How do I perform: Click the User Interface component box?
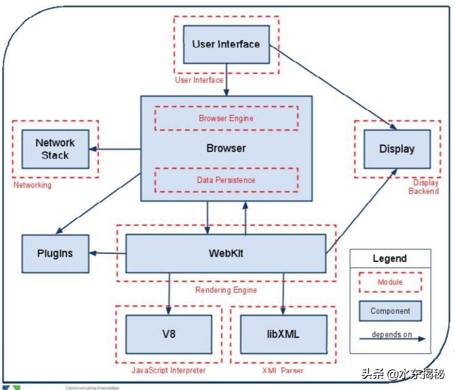[x=226, y=44]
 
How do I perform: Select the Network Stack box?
[x=55, y=149]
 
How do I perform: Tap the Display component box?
[x=397, y=149]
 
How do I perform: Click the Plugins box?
[x=55, y=254]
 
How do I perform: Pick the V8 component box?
[x=169, y=334]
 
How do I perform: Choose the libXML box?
[x=284, y=334]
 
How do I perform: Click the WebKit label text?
[x=226, y=253]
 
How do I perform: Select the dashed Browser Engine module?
[x=226, y=118]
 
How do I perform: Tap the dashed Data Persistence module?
[x=226, y=180]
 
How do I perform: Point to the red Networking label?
[x=33, y=185]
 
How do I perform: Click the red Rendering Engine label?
[x=226, y=290]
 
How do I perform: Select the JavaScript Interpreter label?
[x=169, y=370]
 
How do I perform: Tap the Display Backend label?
[x=424, y=187]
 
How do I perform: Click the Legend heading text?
[x=390, y=258]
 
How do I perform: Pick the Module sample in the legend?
[x=390, y=282]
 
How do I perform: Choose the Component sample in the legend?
[x=390, y=311]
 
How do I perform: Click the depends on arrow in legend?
[x=392, y=339]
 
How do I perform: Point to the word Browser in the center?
[x=226, y=148]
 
